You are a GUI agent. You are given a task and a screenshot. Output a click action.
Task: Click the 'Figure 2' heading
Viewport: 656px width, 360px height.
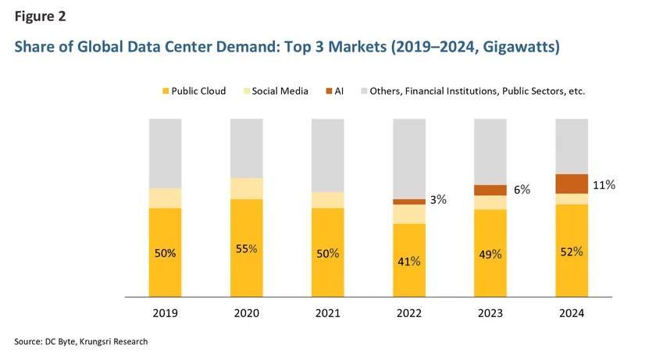(x=39, y=16)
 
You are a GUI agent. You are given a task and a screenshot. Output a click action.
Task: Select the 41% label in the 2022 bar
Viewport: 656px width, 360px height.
(x=408, y=261)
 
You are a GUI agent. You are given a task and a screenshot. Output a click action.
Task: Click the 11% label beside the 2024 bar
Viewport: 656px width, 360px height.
(x=604, y=185)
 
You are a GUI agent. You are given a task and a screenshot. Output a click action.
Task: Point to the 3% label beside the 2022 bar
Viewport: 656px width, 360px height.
(x=438, y=200)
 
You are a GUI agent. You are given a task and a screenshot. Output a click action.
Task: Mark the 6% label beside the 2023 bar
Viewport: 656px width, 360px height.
(x=522, y=190)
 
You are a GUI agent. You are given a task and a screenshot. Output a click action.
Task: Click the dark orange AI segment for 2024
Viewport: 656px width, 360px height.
(x=571, y=184)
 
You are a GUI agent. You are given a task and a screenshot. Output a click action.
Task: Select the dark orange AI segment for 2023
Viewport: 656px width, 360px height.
(x=490, y=190)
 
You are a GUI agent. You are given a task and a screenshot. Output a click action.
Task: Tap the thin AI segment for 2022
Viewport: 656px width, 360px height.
(x=408, y=201)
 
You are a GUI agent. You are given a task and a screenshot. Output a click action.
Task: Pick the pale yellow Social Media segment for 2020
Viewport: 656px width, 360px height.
(x=246, y=188)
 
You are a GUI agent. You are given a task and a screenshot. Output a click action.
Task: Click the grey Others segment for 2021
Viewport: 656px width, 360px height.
(x=327, y=155)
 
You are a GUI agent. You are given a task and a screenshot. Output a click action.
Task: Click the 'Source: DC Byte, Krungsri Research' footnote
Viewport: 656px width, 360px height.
(x=80, y=342)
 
